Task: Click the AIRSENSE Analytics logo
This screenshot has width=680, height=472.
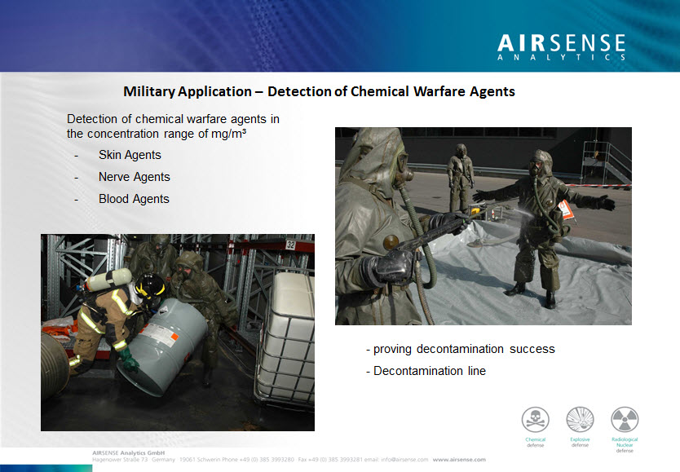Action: pos(561,47)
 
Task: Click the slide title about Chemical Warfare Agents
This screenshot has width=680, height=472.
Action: pos(319,91)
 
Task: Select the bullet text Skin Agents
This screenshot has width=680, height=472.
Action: pos(130,155)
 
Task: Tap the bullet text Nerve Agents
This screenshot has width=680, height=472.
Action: pos(134,177)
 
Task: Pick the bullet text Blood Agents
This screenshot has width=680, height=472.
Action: pos(134,199)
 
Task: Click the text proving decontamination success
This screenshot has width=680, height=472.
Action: pos(463,349)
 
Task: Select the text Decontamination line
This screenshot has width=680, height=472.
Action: pos(429,371)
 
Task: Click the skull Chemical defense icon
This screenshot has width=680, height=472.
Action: pos(536,421)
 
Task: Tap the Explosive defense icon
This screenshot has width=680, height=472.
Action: pos(580,421)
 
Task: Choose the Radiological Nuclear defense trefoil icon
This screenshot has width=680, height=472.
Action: pos(625,421)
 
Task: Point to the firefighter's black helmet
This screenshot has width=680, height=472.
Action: pos(149,285)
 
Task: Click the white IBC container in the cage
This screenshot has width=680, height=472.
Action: pos(289,334)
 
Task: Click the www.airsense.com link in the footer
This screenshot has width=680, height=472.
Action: pos(459,459)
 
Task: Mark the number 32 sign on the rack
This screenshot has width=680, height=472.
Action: pos(290,244)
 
